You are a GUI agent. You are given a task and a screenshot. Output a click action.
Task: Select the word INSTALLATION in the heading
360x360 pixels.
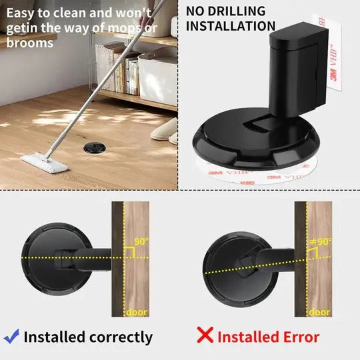tap(231, 26)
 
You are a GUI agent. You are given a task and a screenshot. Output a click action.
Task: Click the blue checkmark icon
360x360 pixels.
tap(11, 335)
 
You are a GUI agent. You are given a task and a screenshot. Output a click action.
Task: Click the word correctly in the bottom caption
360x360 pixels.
tap(119, 337)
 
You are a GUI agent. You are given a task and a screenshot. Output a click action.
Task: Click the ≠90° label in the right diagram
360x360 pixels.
tap(320, 241)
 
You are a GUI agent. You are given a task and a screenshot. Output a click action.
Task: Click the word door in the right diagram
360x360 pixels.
tap(320, 311)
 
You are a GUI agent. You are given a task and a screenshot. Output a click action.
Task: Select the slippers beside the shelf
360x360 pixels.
tap(165, 130)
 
